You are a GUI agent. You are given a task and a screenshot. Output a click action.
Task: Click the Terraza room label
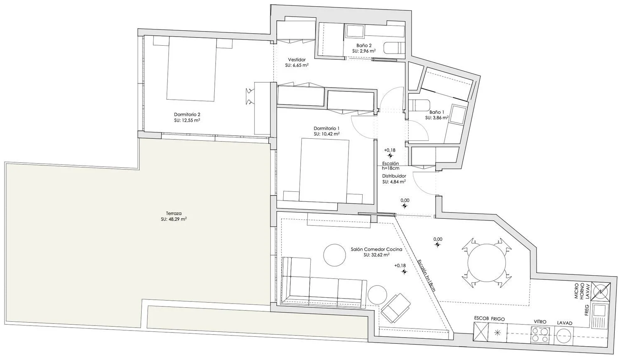tap(174, 213)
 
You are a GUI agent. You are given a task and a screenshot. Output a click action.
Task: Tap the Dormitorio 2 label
tap(187, 114)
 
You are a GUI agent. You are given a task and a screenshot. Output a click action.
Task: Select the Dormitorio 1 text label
tap(326, 128)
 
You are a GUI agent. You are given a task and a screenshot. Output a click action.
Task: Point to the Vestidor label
tap(297, 59)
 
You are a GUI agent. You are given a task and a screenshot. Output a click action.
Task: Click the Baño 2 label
tap(364, 45)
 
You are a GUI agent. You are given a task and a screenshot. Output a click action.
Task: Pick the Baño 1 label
tap(437, 112)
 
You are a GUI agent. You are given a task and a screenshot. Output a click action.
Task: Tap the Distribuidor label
tap(394, 176)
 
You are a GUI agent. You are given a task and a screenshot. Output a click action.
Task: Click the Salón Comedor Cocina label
tap(376, 250)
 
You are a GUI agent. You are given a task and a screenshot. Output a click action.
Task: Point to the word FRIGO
tap(498, 319)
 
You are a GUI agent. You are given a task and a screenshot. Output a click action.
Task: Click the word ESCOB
tap(481, 318)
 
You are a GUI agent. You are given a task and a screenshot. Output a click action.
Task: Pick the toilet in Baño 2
tap(394, 47)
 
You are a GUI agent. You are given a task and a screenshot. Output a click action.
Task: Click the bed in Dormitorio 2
tap(191, 69)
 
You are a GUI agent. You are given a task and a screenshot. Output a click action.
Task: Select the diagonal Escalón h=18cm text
tap(427, 275)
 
